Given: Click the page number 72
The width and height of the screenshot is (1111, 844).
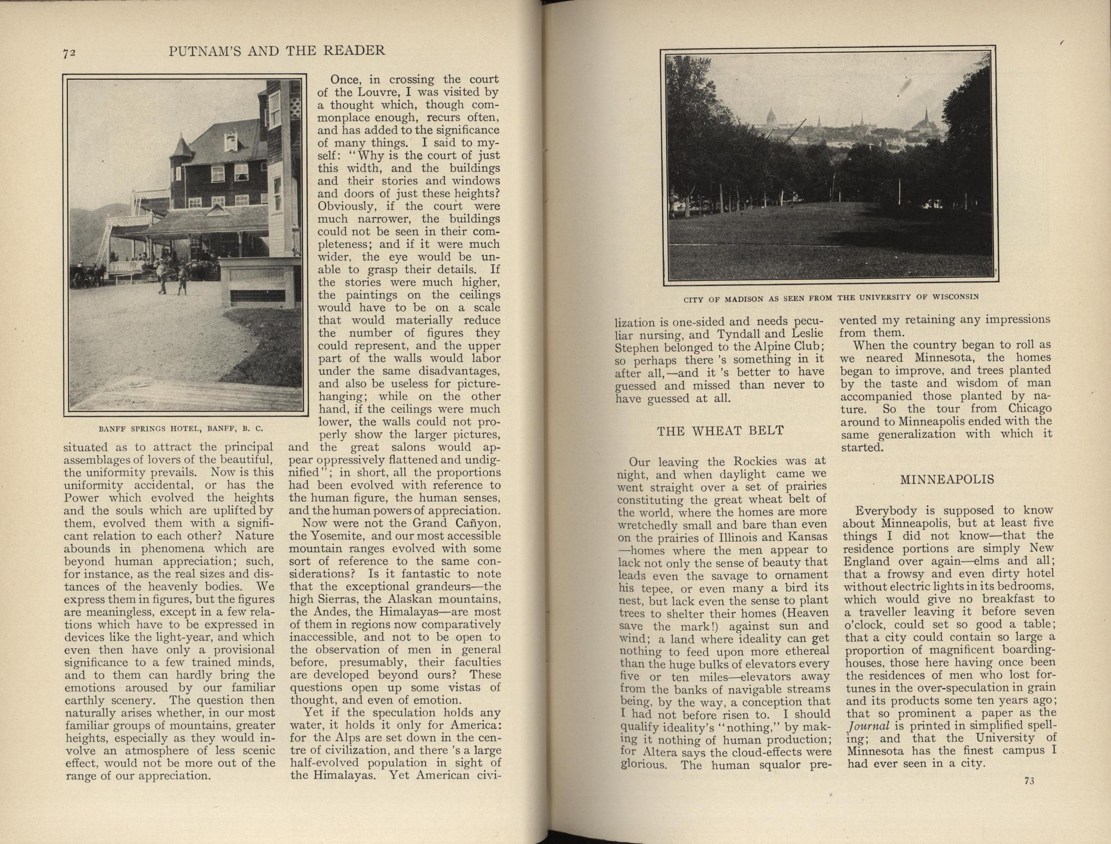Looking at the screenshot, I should coord(70,53).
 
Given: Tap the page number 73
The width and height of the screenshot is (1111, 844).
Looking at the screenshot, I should coord(1030,795).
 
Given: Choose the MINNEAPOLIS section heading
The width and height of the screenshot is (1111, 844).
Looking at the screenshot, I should coord(947,480).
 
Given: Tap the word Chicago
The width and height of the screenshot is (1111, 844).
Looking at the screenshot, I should coord(1030,408).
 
